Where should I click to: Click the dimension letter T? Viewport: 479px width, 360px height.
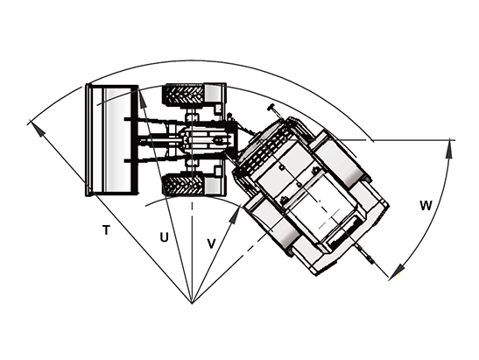point(106,229)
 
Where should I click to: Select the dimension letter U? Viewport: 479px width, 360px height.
point(165,236)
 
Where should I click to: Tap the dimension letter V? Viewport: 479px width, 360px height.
point(212,244)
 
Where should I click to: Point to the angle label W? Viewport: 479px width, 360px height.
point(426,206)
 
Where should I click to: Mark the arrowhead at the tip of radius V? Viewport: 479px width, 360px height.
point(235,216)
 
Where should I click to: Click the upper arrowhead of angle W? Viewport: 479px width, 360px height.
point(448,148)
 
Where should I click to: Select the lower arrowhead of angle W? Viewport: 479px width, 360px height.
point(398,271)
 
